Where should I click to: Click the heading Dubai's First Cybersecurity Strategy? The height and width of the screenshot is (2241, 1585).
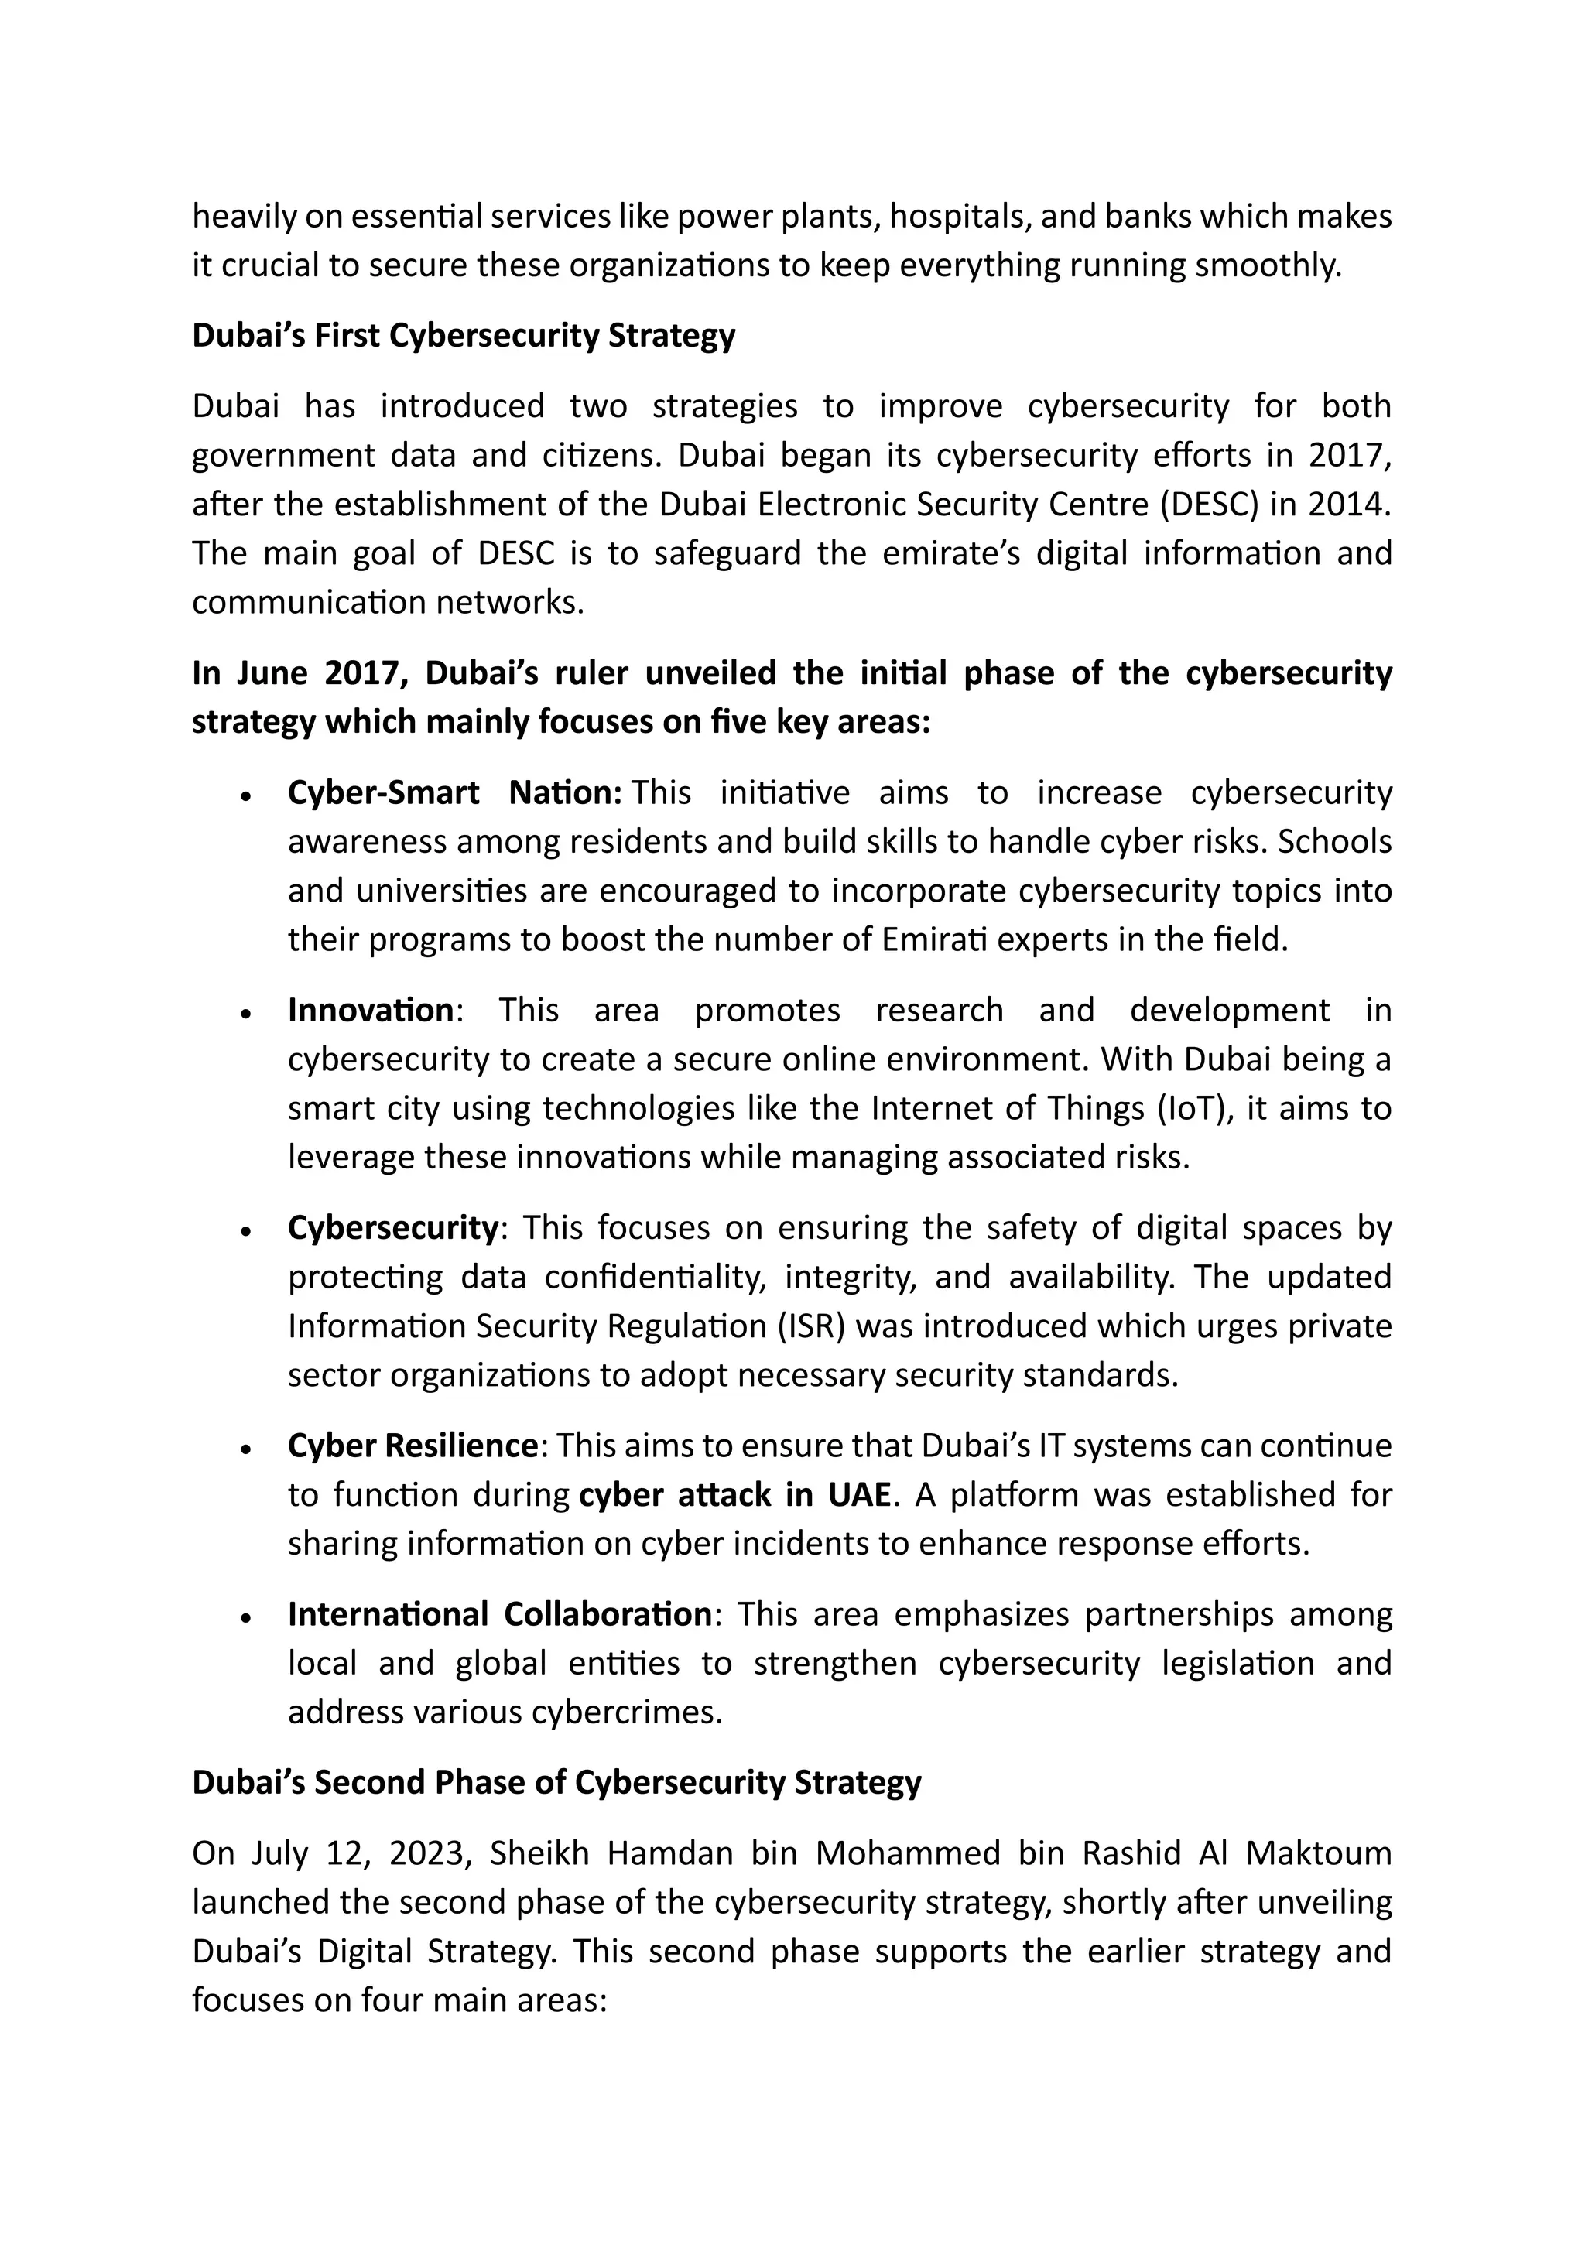coord(464,336)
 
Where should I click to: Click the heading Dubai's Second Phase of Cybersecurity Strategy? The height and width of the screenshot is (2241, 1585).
coord(556,1782)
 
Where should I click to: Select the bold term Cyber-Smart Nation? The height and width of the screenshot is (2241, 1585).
coord(454,793)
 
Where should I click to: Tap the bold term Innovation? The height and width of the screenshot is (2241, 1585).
coord(371,1010)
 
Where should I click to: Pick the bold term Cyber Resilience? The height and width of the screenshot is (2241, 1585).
coord(412,1446)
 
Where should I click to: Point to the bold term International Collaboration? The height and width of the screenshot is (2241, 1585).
coord(500,1614)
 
